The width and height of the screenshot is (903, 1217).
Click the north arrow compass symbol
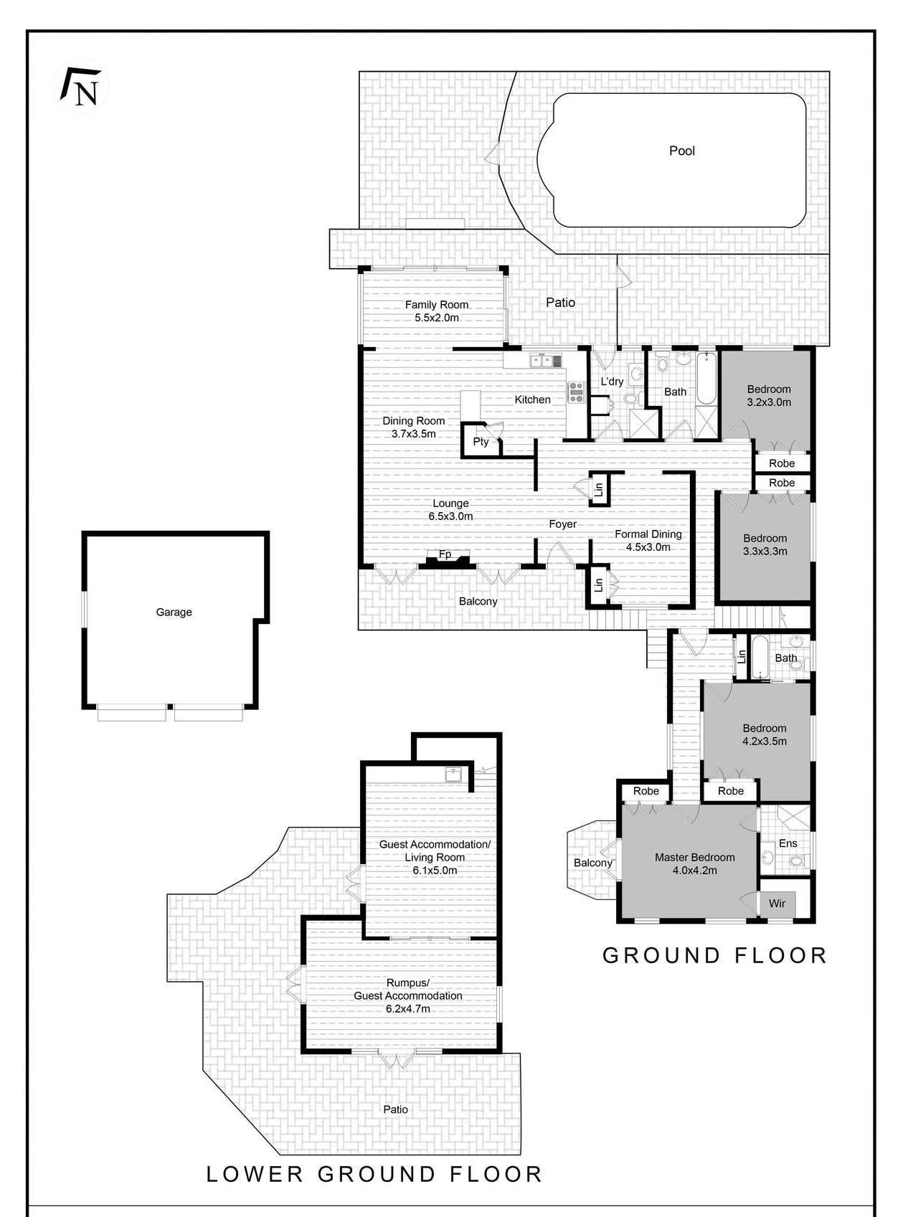tap(81, 86)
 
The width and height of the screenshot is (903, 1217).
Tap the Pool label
tap(682, 151)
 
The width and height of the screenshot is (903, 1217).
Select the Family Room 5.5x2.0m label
tap(436, 311)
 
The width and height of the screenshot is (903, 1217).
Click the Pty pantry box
tap(480, 442)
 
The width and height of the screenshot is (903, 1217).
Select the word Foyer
tap(562, 524)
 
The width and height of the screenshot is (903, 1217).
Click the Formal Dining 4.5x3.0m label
tap(648, 540)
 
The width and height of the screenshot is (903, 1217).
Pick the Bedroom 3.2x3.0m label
tap(768, 395)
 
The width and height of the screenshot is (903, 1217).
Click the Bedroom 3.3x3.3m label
tap(765, 544)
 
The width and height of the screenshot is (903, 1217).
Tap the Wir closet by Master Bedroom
tap(777, 903)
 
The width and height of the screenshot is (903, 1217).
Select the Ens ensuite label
tap(788, 843)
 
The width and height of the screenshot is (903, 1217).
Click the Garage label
tap(174, 612)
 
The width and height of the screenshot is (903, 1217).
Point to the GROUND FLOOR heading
tap(714, 955)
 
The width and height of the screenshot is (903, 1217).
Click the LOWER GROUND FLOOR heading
tap(374, 1174)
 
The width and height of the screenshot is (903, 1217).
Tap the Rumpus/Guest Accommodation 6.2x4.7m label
tap(407, 995)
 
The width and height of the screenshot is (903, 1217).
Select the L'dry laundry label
tap(611, 382)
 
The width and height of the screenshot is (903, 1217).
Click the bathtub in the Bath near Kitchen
tap(706, 379)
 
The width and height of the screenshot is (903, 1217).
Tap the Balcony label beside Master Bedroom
tap(592, 863)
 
